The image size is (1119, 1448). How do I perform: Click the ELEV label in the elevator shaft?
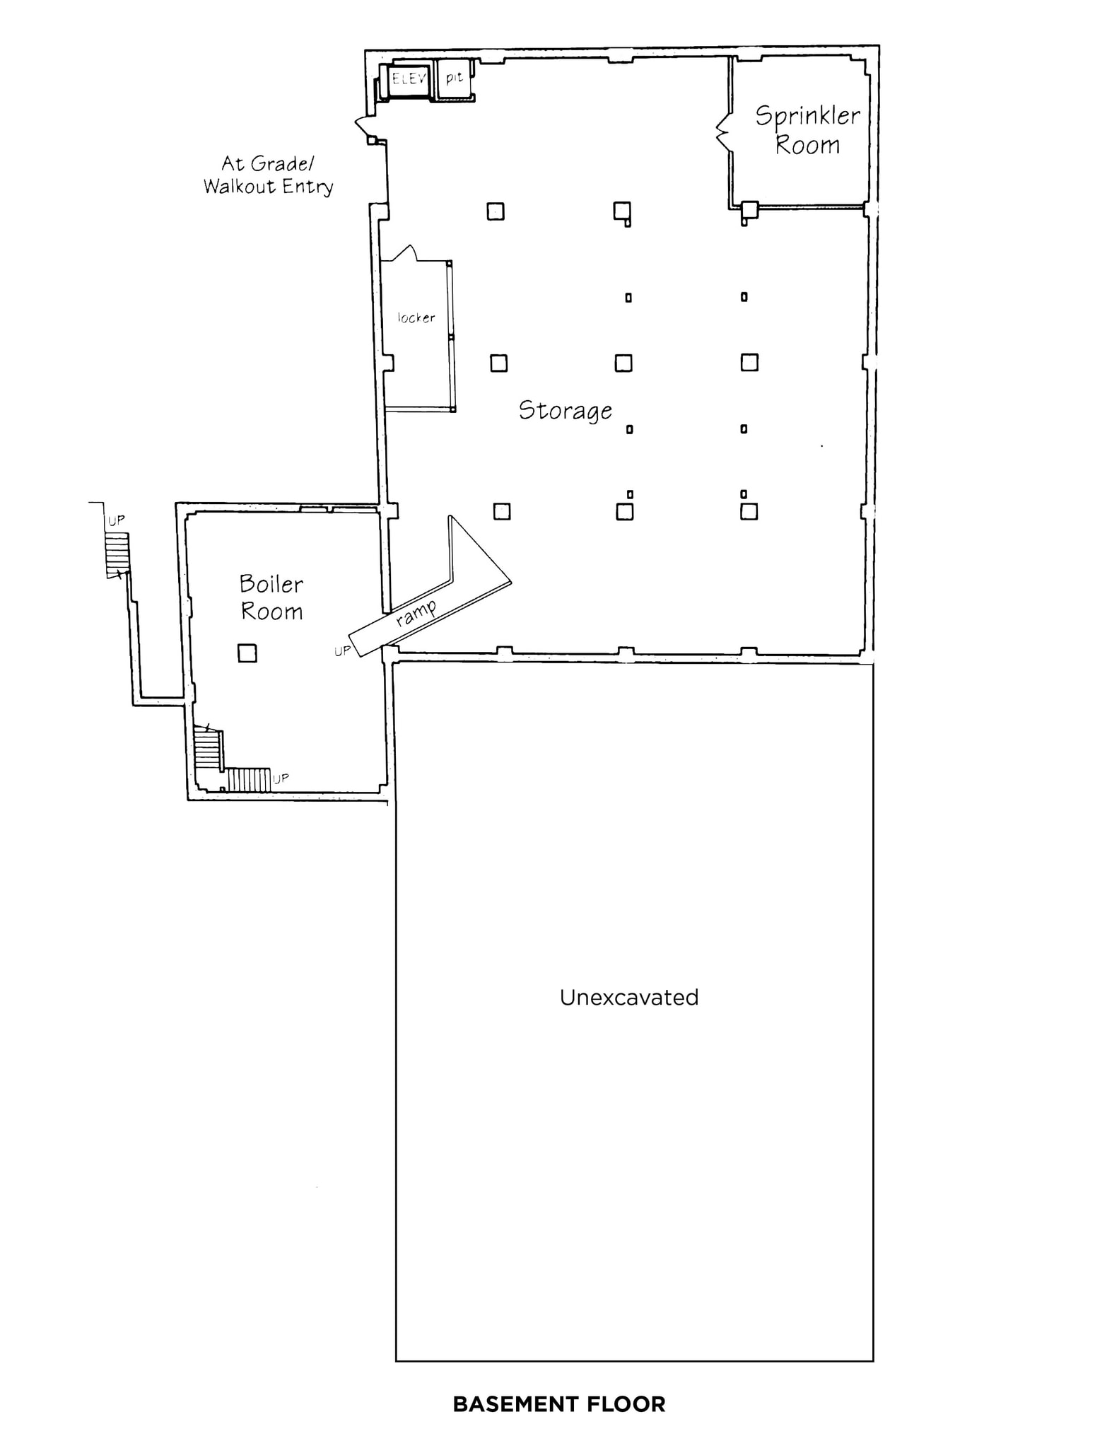pyautogui.click(x=409, y=78)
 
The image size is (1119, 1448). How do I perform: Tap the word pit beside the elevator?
pyautogui.click(x=454, y=77)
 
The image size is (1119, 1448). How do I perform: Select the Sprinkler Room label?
pyautogui.click(x=807, y=130)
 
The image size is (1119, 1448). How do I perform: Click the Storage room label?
pyautogui.click(x=565, y=411)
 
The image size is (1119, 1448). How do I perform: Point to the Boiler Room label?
pyautogui.click(x=271, y=597)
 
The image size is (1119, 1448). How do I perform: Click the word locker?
pyautogui.click(x=416, y=318)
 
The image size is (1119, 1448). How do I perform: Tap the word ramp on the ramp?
pyautogui.click(x=416, y=612)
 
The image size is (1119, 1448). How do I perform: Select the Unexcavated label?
pyautogui.click(x=628, y=998)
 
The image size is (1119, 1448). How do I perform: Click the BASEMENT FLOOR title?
pyautogui.click(x=558, y=1403)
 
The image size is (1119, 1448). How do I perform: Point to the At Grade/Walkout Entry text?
pyautogui.click(x=268, y=175)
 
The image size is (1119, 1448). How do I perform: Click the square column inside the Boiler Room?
pyautogui.click(x=247, y=653)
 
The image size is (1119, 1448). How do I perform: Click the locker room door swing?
pyautogui.click(x=404, y=253)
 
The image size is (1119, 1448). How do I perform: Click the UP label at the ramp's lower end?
pyautogui.click(x=341, y=650)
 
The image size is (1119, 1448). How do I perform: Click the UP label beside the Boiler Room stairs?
pyautogui.click(x=281, y=778)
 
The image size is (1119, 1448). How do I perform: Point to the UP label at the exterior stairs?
pyautogui.click(x=116, y=520)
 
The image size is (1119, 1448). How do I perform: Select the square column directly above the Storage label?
pyautogui.click(x=498, y=363)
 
